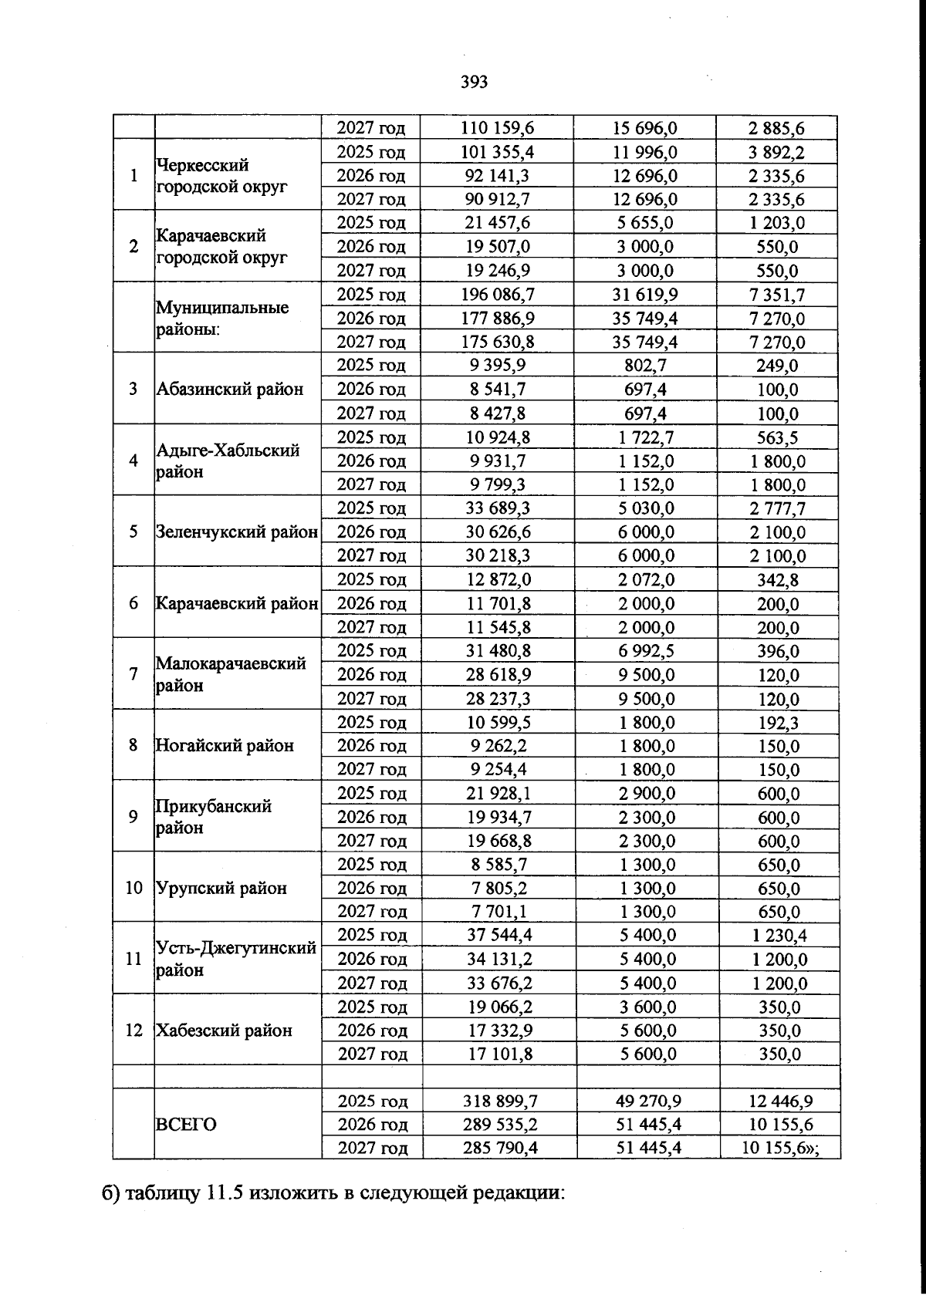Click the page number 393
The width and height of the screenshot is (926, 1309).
point(474,82)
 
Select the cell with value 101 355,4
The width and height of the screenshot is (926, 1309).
point(498,152)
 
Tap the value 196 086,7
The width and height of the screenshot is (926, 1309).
point(498,295)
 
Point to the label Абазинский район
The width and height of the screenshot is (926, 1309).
point(230,390)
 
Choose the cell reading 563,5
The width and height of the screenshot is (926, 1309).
point(778,438)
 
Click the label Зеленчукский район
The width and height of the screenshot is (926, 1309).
point(237,532)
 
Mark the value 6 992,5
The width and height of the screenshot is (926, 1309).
point(646,651)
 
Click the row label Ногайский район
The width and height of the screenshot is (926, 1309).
point(225,746)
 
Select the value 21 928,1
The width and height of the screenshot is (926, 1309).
point(498,794)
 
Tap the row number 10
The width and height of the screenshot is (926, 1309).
point(134,888)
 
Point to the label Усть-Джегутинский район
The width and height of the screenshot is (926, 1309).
point(235,959)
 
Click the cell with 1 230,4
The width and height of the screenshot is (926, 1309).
point(778,936)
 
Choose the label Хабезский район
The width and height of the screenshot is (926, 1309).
point(224,1031)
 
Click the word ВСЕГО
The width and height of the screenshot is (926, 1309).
point(186,1125)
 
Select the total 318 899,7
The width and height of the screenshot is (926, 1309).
point(499,1101)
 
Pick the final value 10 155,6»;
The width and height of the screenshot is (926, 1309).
point(779,1148)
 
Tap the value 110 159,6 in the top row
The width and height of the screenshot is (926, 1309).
point(498,128)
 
